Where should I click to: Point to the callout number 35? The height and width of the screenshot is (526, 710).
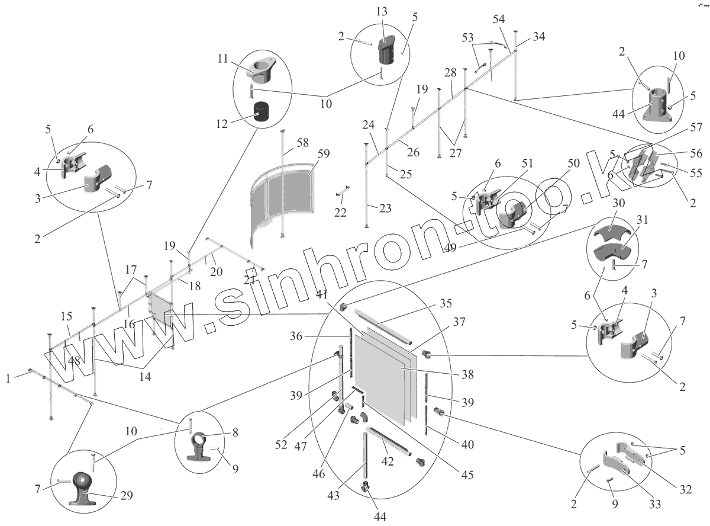pos(446,304)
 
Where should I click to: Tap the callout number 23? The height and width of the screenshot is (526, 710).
pos(385,209)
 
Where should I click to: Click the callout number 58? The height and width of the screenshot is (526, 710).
pos(303,142)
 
